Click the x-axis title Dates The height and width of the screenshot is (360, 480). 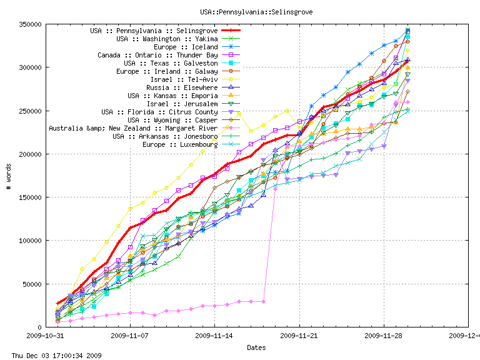tap(256, 347)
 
